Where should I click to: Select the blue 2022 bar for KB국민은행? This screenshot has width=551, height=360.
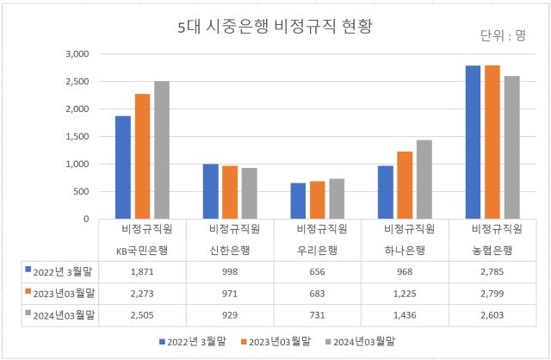click(123, 167)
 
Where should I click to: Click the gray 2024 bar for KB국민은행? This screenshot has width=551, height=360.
click(162, 150)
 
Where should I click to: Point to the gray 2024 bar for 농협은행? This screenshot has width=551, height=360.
click(512, 147)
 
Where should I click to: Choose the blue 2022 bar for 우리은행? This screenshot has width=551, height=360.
click(298, 201)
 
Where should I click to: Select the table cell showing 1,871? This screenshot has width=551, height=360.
click(142, 271)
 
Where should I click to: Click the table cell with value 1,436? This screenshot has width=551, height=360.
click(405, 315)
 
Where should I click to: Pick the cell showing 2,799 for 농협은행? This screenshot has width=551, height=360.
click(492, 293)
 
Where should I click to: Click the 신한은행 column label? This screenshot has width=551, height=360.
click(230, 251)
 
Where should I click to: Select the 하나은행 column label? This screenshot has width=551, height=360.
click(405, 251)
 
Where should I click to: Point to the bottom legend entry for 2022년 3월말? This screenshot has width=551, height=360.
click(197, 343)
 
